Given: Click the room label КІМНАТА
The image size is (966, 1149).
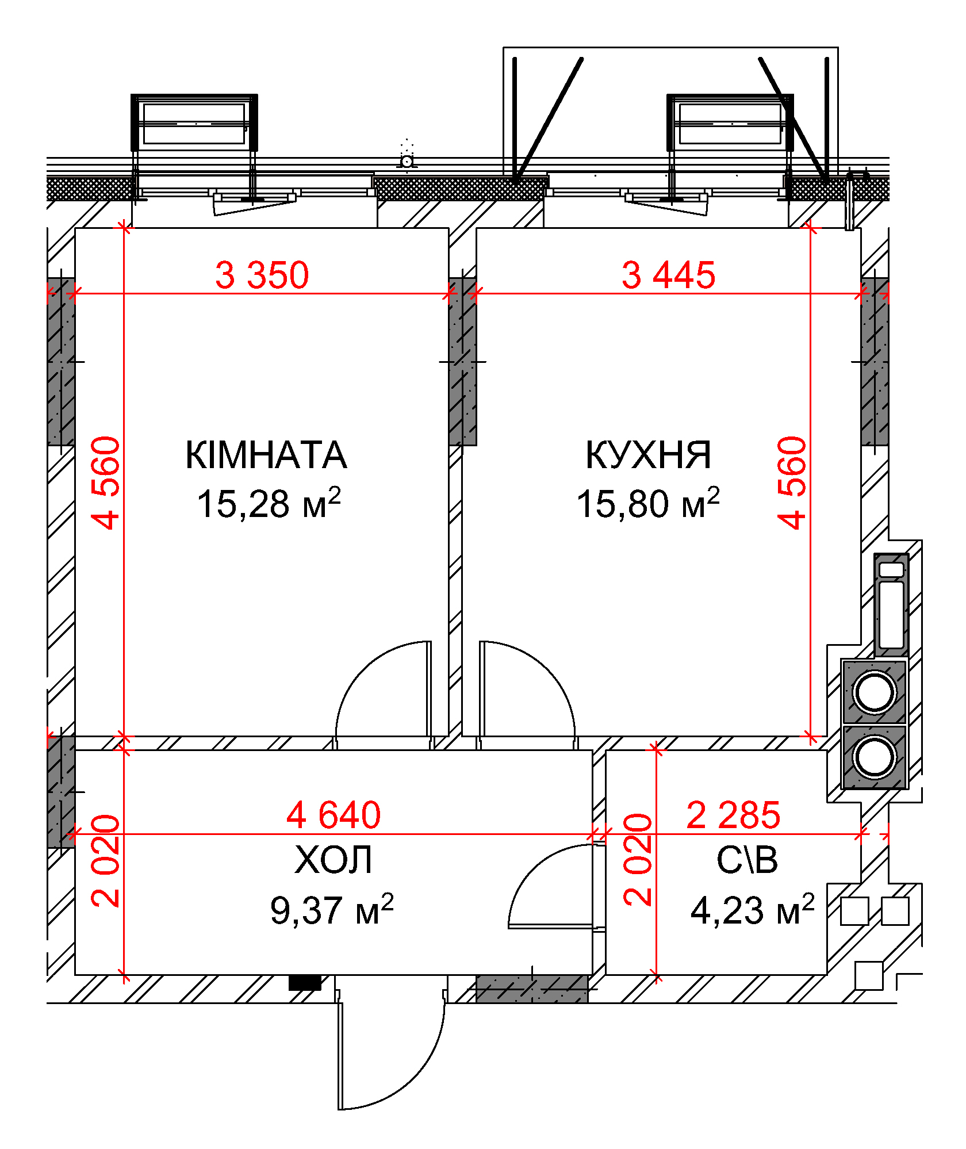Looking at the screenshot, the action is (266, 455).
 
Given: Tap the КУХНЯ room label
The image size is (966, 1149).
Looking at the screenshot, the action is (649, 455).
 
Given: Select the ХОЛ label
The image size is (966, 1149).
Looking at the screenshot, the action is (333, 860).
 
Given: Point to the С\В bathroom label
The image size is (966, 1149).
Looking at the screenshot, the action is (747, 860).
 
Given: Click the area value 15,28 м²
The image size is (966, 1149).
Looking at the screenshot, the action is (269, 503).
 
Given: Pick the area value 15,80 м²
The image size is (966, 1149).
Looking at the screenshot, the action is (648, 503).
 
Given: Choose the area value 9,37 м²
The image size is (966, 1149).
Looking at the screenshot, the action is (332, 910).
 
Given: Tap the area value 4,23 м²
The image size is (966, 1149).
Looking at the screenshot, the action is (753, 910).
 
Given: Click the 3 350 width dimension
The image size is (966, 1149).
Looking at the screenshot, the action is (262, 275).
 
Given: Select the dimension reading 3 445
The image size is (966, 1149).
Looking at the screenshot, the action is (669, 275).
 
